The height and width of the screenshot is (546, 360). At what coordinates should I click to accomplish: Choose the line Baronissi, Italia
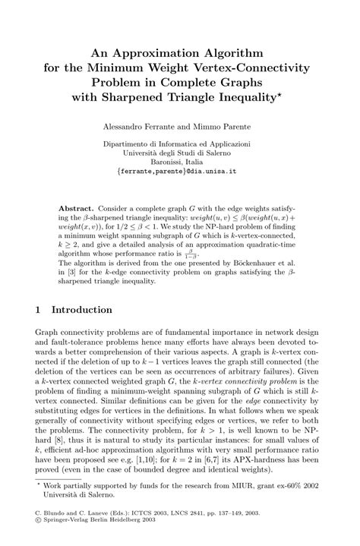(x=180, y=161)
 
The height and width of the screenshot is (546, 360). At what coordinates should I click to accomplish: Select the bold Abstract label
(x=77, y=207)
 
